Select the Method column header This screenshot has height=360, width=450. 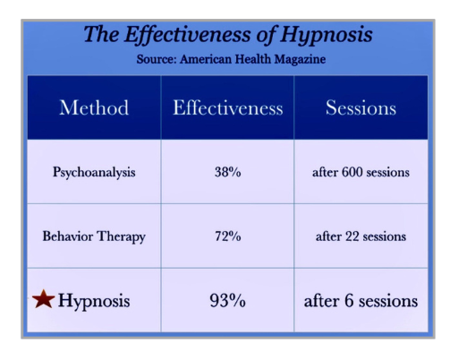94,108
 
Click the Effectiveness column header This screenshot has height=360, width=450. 227,108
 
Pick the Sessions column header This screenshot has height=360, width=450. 361,108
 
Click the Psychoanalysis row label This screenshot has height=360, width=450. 94,172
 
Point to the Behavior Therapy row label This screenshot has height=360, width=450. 94,236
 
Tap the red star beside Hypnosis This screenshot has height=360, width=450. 43,300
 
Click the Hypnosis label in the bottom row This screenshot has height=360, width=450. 94,301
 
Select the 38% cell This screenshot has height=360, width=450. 227,172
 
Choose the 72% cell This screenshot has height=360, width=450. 227,236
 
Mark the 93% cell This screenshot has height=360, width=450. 227,301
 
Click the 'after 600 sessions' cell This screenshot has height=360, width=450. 361,172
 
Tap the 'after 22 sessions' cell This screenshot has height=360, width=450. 361,236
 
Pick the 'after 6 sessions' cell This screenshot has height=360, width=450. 361,301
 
